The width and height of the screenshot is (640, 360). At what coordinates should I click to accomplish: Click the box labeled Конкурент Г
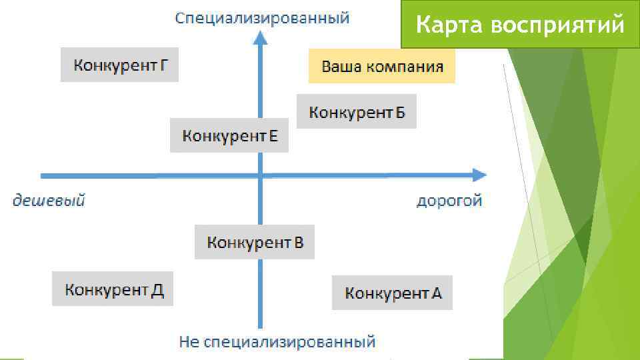119,65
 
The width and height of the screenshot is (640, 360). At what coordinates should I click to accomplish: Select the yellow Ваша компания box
381,67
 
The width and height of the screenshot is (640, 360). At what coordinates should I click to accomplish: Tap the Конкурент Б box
357,112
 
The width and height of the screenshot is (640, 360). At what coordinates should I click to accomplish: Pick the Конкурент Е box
229,136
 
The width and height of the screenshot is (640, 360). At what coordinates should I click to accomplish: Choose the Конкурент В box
255,242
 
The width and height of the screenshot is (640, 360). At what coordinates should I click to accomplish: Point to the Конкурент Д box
113,289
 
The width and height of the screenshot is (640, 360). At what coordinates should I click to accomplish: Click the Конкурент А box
392,293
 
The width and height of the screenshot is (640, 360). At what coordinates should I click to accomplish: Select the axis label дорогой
449,201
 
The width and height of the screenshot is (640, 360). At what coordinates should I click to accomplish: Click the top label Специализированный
262,18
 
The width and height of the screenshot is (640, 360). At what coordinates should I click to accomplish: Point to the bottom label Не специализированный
277,343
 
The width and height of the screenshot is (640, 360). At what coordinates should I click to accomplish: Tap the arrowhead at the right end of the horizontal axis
479,175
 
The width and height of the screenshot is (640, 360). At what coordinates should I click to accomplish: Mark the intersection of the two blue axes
261,175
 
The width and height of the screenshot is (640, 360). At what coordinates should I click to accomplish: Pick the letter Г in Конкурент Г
164,65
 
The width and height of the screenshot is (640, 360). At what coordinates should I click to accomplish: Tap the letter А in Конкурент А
435,293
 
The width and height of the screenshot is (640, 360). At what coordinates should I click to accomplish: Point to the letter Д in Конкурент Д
157,290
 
